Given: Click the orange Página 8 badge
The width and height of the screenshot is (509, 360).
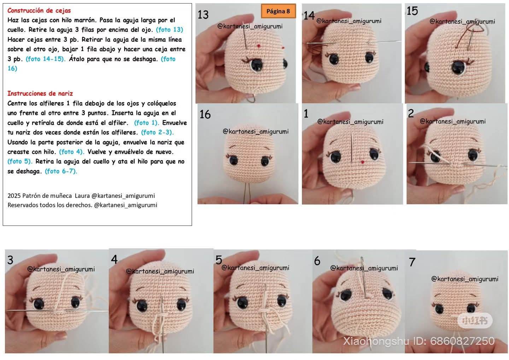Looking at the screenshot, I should pos(278,11).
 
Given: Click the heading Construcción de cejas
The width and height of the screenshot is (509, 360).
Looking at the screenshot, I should pos(39,11).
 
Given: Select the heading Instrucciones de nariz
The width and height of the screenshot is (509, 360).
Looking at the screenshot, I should pos(40,93).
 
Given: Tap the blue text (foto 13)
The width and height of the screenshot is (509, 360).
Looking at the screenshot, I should pos(170,30).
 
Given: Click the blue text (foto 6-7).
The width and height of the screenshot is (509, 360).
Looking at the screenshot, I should pos(61,171).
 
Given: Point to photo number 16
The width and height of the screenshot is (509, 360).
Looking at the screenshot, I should pos(205,114).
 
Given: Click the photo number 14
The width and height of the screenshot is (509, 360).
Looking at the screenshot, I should pos(309,16).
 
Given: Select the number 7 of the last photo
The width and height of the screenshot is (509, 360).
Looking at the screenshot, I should pos(412,262).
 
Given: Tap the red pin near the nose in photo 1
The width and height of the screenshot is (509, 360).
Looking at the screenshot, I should pos(362,162).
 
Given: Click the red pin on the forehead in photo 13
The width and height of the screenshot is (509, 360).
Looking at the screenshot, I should pos(259,46).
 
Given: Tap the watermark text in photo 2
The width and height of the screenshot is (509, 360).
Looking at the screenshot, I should pos(452,121).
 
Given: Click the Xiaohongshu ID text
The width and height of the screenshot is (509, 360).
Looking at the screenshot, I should pos(419,341).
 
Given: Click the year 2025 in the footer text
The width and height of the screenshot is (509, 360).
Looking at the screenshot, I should pos(14,196).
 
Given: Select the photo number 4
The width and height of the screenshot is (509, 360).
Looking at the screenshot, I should pos(114,260).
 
